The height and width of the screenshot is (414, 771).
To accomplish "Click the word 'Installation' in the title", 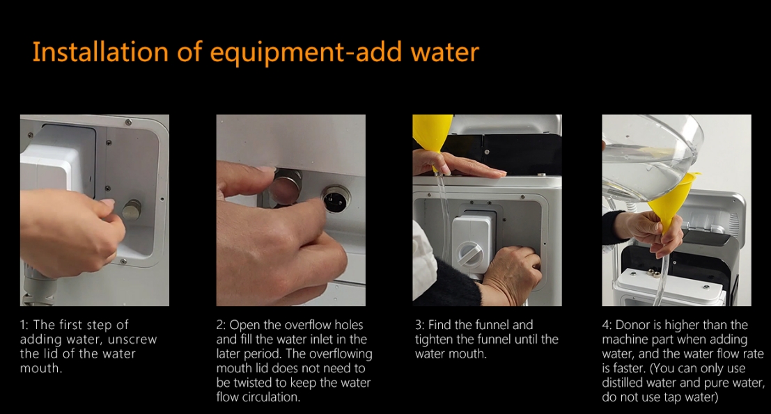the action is click(100, 52).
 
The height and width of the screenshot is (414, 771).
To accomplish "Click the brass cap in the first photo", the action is click(132, 209).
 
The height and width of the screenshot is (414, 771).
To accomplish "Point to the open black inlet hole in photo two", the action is click(336, 199).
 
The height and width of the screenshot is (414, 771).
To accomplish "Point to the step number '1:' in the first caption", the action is click(24, 325).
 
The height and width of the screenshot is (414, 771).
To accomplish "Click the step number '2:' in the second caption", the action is click(221, 325).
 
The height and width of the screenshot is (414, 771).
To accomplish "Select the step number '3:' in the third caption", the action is click(419, 325).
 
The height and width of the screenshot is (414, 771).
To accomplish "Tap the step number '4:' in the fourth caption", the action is click(607, 325).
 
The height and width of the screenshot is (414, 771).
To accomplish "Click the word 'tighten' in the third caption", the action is click(434, 340).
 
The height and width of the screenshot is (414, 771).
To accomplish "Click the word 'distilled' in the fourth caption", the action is click(623, 383).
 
